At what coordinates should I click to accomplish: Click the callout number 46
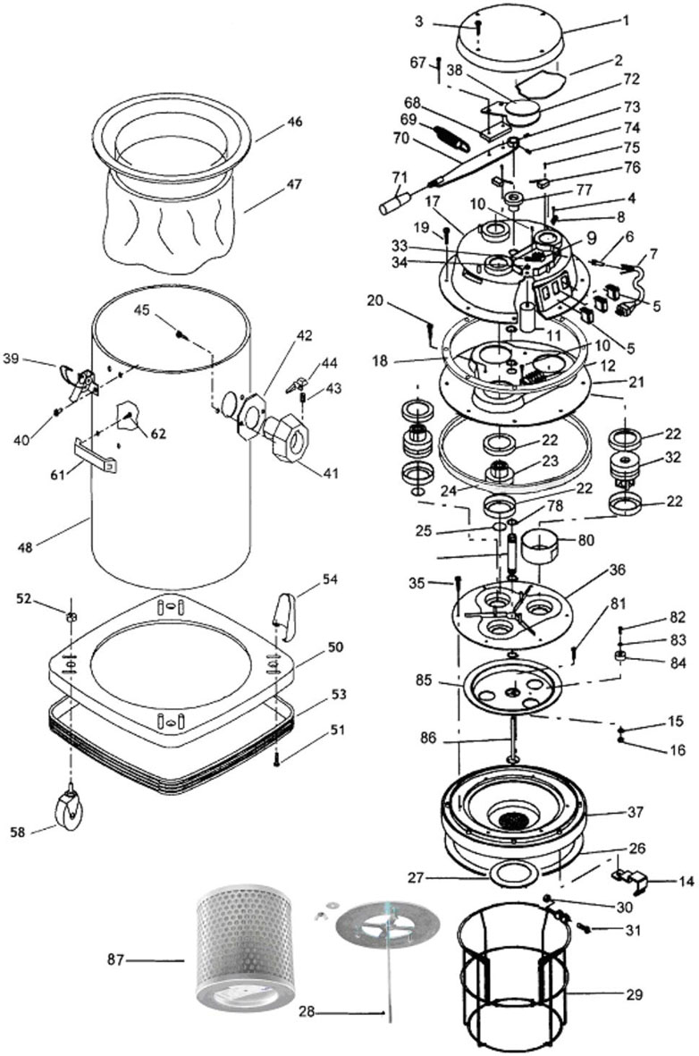point(294,122)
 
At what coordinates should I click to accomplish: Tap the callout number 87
point(115,959)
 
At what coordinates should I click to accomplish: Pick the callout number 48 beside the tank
point(25,547)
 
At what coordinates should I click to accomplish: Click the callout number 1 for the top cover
point(626,21)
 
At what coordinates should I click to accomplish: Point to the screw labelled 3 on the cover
point(477,26)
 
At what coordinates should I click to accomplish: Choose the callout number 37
point(636,812)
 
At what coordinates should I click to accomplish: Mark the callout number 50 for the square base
point(335,647)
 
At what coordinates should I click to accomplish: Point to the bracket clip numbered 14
point(630,880)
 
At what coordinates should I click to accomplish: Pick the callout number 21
point(637,382)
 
